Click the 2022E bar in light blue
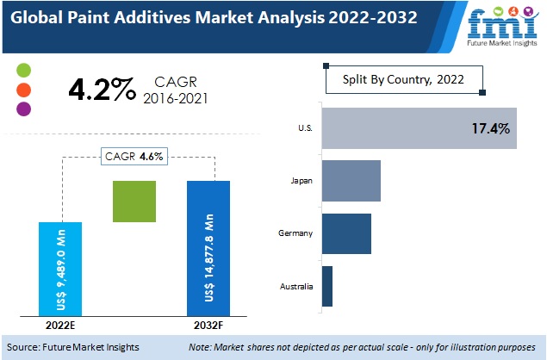(60, 269)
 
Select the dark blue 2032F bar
(208, 248)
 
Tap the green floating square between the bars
(134, 202)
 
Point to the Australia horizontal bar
(327, 287)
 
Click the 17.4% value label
(490, 129)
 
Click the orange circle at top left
(24, 90)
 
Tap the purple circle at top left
(24, 109)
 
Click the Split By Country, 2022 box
(403, 80)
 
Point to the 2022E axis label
(60, 326)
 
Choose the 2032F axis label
(208, 326)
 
